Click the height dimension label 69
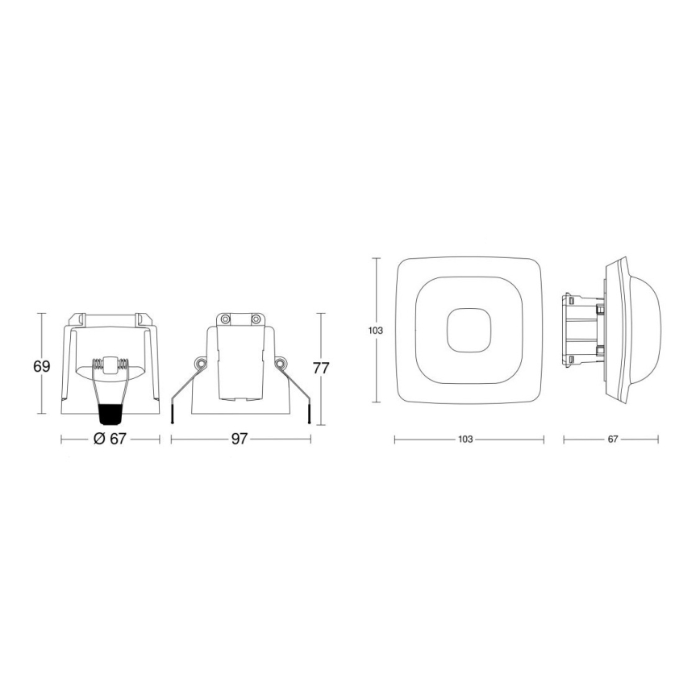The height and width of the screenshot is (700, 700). (42, 366)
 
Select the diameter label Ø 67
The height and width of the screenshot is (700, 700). (111, 439)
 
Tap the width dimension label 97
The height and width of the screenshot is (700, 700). (240, 439)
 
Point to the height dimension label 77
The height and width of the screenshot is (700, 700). (321, 369)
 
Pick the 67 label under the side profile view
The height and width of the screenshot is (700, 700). (612, 440)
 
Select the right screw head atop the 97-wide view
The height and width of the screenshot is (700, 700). (256, 320)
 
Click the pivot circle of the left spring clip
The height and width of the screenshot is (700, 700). (201, 365)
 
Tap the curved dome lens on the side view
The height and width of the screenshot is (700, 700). (650, 329)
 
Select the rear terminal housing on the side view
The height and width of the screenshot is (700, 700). (582, 330)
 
